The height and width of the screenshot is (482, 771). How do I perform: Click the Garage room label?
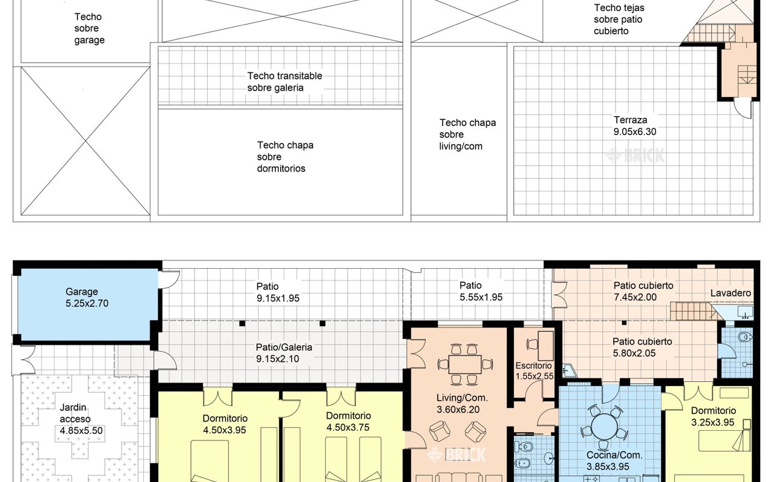(x=81, y=292)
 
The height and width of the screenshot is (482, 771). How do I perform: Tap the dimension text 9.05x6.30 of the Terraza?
(x=635, y=132)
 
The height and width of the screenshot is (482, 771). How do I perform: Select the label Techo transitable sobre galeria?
(x=285, y=81)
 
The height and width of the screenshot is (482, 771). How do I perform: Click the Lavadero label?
(x=731, y=293)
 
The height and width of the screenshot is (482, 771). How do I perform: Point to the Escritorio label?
(x=534, y=365)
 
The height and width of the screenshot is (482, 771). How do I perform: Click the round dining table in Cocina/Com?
(x=604, y=427)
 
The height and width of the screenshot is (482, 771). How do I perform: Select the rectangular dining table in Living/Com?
(x=464, y=365)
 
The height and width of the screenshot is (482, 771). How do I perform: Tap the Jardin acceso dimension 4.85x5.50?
(x=81, y=431)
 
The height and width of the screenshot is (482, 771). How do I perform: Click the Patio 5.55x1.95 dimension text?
(x=481, y=297)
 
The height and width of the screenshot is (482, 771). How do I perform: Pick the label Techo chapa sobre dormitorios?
(x=285, y=157)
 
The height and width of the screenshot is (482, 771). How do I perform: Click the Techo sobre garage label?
(x=89, y=28)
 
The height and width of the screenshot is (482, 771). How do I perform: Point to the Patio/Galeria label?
(x=284, y=347)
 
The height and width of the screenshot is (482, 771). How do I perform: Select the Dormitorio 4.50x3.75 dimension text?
(x=348, y=427)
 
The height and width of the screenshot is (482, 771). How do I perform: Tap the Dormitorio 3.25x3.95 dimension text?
(x=713, y=422)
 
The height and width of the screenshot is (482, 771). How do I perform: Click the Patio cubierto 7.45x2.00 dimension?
(x=635, y=297)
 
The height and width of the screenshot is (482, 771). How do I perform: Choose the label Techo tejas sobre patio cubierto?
(x=619, y=19)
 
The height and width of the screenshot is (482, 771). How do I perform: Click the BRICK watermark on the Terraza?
(x=635, y=155)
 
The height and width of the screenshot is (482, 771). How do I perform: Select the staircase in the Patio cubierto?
(x=695, y=311)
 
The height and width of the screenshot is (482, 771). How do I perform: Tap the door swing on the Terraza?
(x=743, y=107)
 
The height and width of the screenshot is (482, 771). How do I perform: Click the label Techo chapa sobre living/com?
(x=467, y=134)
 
